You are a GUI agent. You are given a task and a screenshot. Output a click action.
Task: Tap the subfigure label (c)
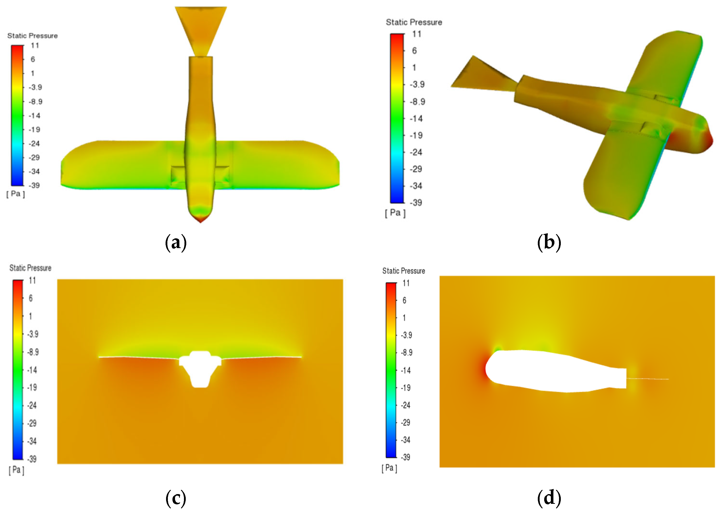(176, 498)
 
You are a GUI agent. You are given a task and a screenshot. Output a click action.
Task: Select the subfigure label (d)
(549, 498)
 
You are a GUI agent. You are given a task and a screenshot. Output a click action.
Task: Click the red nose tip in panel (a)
(201, 219)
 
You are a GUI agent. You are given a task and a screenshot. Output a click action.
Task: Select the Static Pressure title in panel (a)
(32, 36)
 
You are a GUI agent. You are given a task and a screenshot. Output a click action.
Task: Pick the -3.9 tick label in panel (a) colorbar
(35, 87)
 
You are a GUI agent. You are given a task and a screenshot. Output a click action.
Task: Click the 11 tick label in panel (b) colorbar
(417, 34)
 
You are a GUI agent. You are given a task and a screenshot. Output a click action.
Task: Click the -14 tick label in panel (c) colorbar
(32, 370)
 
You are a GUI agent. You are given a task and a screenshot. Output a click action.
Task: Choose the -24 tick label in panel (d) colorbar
(406, 405)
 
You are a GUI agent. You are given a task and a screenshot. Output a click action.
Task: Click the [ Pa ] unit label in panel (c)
(16, 470)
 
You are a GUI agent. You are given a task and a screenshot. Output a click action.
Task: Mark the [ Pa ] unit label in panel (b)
(395, 213)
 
